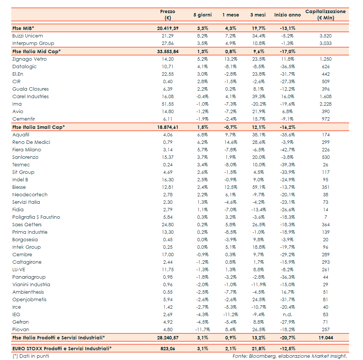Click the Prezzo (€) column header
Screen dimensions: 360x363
[x=167, y=15]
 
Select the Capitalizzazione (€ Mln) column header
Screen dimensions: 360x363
[x=325, y=15]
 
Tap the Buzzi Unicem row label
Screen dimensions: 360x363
[x=28, y=36]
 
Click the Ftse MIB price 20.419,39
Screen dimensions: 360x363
[x=167, y=28]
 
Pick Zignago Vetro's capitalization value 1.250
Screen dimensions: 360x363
[x=326, y=59]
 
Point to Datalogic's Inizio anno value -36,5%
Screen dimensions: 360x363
[x=287, y=67]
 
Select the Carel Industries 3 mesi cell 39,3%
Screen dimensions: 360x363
[x=258, y=97]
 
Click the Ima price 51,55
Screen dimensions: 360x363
[x=167, y=104]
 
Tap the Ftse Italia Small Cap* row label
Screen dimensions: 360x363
[x=39, y=127]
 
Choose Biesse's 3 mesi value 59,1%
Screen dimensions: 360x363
[x=258, y=187]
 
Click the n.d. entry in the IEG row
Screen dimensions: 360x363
[x=287, y=315]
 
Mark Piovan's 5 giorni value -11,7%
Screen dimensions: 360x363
[x=202, y=330]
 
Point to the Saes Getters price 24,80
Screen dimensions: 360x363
[x=167, y=225]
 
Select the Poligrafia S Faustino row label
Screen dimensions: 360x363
[x=36, y=217]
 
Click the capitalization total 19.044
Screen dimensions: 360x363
[x=326, y=338]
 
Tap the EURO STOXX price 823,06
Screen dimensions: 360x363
[x=167, y=348]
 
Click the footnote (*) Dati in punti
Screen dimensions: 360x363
[x=31, y=356]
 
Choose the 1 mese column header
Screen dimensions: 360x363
[x=231, y=15]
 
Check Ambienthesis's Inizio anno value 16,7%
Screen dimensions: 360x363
[x=287, y=292]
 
